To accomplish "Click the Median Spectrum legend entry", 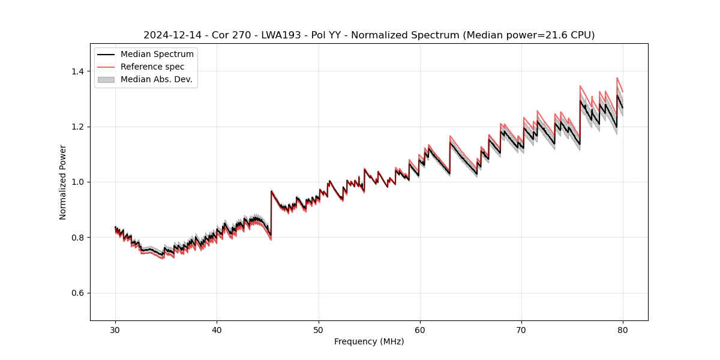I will coord(157,55).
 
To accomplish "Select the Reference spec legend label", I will coord(152,67).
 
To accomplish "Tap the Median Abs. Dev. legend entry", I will coord(156,79).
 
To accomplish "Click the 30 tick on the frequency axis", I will coord(115,330).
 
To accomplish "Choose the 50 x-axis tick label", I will coord(319,330).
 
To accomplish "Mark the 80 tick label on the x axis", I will coord(623,330).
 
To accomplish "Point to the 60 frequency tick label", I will coord(420,330).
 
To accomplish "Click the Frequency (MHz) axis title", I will coord(369,341).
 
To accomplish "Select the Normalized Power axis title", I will coord(63,182).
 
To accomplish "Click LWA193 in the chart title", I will coord(281,35).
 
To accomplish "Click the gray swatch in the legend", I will coord(106,79).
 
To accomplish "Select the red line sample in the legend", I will coord(106,67).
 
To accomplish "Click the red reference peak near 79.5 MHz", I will coord(617,78).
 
